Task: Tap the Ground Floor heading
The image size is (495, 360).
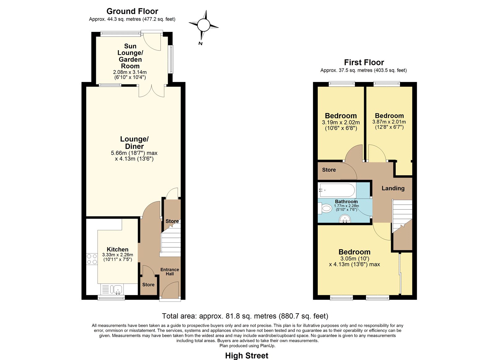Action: [132, 11]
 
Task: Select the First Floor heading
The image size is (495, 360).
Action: [364, 62]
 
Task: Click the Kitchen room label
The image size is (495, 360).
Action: [117, 249]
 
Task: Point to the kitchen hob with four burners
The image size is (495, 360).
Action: [92, 259]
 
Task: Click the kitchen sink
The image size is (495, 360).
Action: [112, 289]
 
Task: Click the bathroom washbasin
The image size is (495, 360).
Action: [345, 219]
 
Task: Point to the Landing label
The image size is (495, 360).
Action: [393, 188]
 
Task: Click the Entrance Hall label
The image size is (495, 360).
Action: [170, 271]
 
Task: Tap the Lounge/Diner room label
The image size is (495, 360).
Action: [134, 143]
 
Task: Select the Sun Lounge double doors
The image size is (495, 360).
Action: [152, 91]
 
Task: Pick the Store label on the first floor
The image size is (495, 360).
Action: [329, 170]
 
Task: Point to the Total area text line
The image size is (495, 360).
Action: [245, 316]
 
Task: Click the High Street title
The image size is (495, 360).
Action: [247, 356]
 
